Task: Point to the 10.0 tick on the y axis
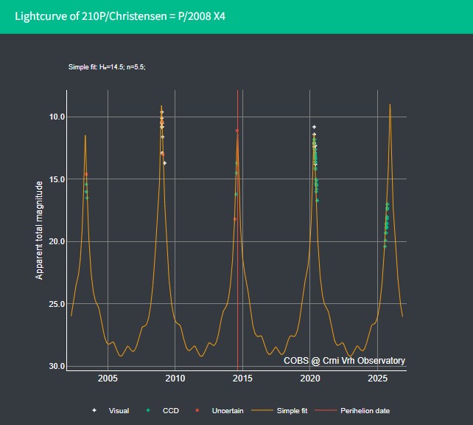[x=57, y=117]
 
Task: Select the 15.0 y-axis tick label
[x=57, y=179]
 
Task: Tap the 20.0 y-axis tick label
[x=57, y=241]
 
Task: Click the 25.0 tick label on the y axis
[x=57, y=304]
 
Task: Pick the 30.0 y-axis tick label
[x=57, y=366]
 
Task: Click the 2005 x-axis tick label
[x=108, y=379]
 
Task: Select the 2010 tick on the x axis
[x=175, y=379]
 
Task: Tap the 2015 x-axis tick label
[x=242, y=379]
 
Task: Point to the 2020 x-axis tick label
[x=309, y=379]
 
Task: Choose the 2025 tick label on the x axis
[x=377, y=379]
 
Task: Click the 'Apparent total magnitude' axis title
[x=39, y=230]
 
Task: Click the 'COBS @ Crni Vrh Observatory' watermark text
[x=344, y=361]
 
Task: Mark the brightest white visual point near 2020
[x=314, y=127]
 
